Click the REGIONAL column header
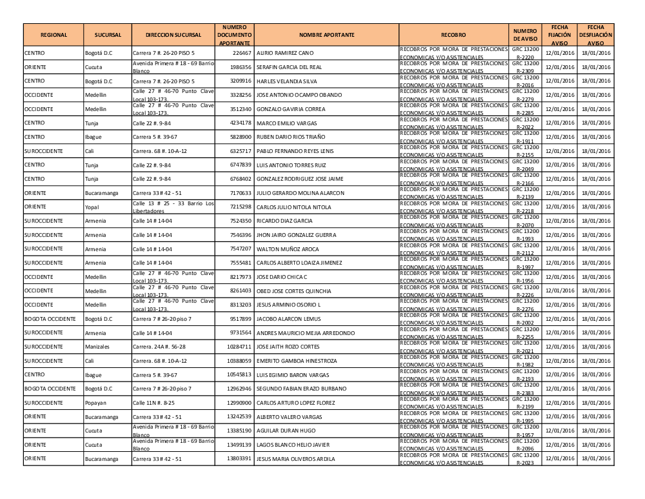[54, 35]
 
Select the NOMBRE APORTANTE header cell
[326, 35]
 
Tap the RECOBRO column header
[453, 35]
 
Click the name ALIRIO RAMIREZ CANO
[285, 53]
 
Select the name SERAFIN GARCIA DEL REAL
[289, 67]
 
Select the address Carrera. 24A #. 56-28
[159, 347]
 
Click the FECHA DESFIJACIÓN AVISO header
[595, 35]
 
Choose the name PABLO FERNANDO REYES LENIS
[295, 151]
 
